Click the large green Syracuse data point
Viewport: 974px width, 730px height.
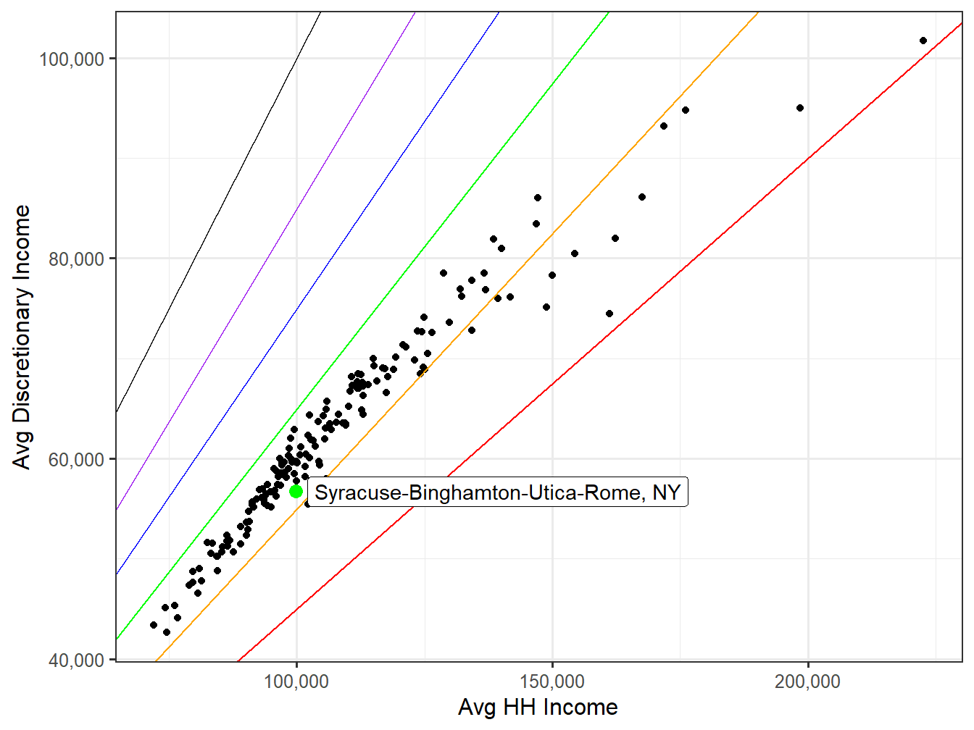tap(296, 491)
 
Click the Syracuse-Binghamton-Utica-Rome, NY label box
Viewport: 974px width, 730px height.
tap(497, 492)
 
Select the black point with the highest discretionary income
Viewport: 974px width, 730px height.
tap(923, 41)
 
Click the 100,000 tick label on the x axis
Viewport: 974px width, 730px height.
tap(296, 681)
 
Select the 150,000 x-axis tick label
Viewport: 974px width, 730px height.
tap(552, 681)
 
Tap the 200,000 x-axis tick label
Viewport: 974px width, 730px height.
tap(807, 681)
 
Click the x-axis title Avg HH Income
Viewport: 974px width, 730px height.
tap(538, 708)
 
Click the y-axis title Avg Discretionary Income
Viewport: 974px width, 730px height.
tap(22, 337)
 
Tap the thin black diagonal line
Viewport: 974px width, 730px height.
tap(217, 214)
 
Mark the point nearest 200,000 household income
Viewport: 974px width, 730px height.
tap(800, 108)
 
